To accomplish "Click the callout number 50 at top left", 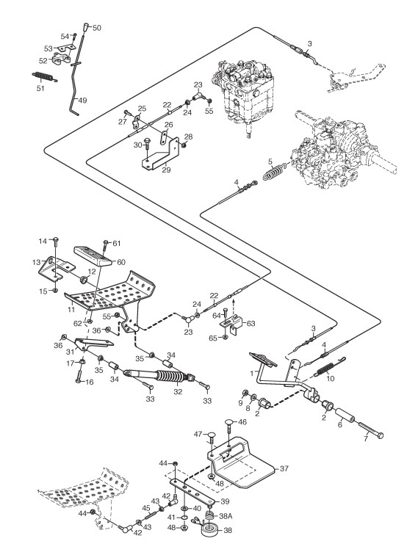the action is (x=97, y=28).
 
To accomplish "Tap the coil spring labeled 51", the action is (x=43, y=76).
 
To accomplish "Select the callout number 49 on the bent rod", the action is (x=82, y=100).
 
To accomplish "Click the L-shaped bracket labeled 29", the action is (x=161, y=153).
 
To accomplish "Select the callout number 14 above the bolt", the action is (x=43, y=242).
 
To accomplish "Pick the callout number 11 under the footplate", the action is (x=71, y=309).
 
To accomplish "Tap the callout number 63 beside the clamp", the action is (x=251, y=324).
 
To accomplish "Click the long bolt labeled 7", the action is (x=371, y=429).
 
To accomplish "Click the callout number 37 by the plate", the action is (x=284, y=468).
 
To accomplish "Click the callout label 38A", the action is (x=226, y=516).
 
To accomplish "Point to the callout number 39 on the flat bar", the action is (x=225, y=501).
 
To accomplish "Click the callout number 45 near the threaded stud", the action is (x=146, y=508).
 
